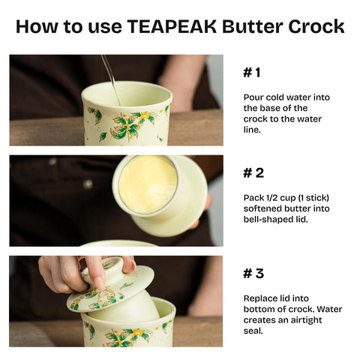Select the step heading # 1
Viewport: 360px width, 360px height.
[x=252, y=73]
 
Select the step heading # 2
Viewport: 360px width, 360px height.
[x=253, y=173]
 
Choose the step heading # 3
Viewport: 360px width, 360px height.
[x=253, y=274]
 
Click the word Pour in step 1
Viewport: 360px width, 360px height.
[x=253, y=97]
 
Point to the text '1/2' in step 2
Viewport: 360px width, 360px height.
[x=268, y=198]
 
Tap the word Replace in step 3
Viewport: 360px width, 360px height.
[x=261, y=298]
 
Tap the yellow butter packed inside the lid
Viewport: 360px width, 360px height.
[x=147, y=184]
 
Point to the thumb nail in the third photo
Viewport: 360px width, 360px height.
[x=98, y=282]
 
